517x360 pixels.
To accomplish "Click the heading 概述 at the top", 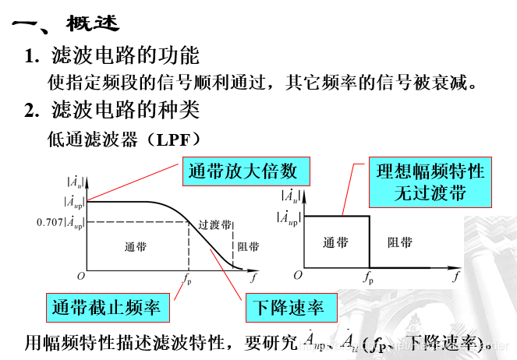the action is coord(93,24).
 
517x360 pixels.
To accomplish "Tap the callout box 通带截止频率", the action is coord(106,307).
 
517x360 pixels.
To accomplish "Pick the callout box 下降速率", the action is coord(285,307).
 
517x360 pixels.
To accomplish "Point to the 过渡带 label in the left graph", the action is coord(214,224).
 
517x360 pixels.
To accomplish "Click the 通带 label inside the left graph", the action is coord(135,247).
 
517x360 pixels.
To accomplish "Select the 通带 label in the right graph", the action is coord(336,242).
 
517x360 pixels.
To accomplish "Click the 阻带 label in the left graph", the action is coord(248,247).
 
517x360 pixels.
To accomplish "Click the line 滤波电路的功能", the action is coord(125,55).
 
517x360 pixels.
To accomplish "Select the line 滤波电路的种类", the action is coord(125,110).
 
